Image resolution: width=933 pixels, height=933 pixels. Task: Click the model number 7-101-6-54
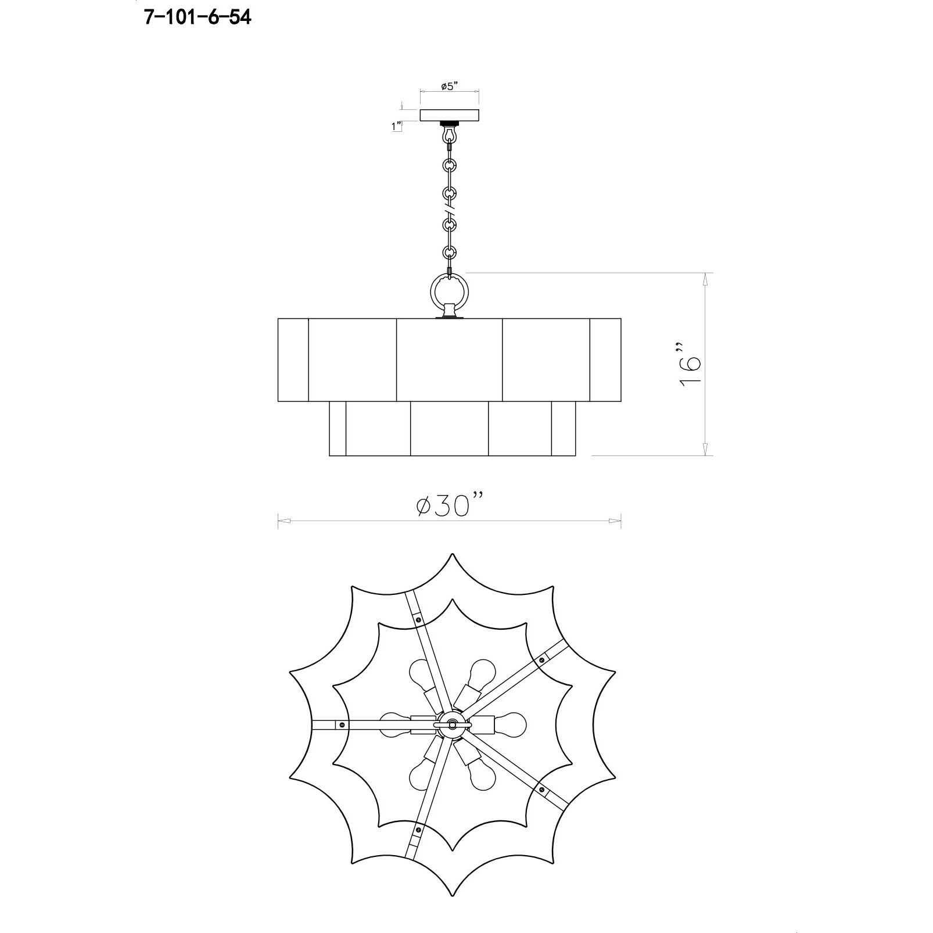click(x=198, y=18)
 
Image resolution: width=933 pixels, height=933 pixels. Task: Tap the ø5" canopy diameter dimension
click(x=450, y=87)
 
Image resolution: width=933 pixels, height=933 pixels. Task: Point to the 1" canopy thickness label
click(x=397, y=126)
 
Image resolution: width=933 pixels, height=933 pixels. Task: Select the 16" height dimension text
click(x=690, y=364)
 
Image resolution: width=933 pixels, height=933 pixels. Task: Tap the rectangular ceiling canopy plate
click(x=449, y=115)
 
